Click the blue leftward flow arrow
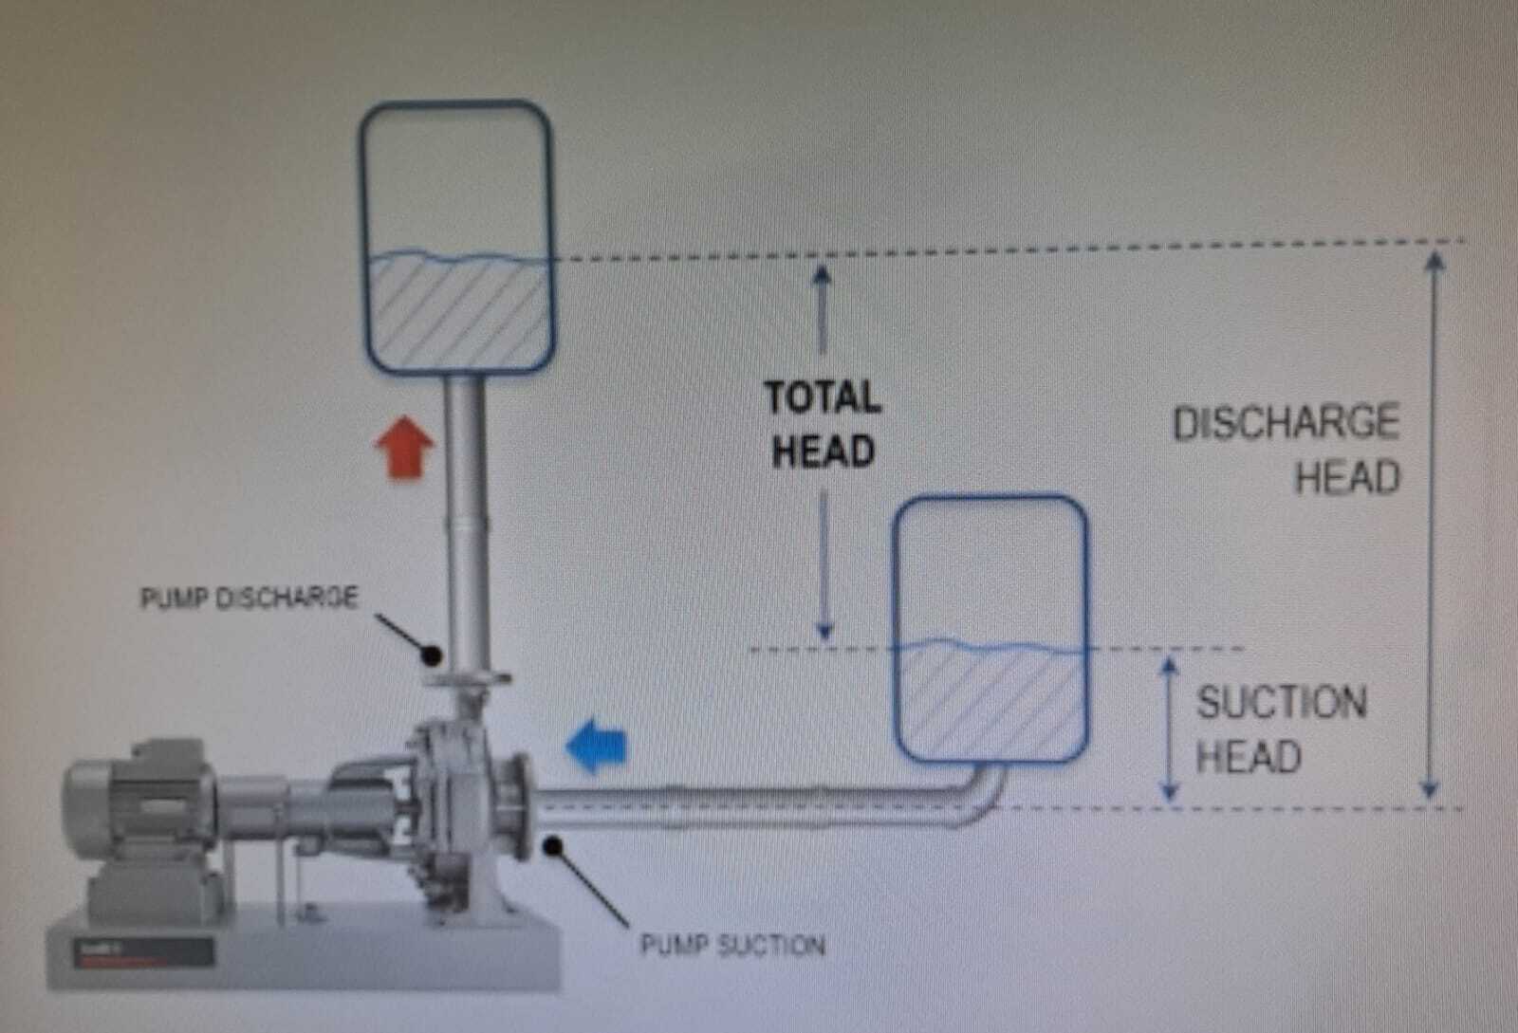click(x=597, y=746)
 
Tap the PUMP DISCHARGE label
click(x=249, y=599)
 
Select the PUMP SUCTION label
click(x=732, y=945)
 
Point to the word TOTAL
click(x=824, y=397)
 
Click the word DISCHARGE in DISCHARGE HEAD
click(x=1286, y=423)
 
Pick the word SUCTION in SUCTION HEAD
click(x=1281, y=703)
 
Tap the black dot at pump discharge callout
click(x=433, y=654)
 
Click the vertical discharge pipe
click(x=466, y=512)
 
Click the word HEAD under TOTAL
click(x=823, y=452)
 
